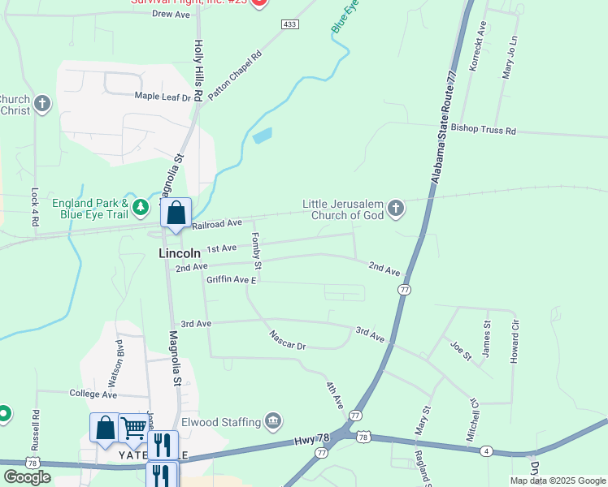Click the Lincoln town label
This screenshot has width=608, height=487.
pos(178,253)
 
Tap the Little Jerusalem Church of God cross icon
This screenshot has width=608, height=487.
pos(396,209)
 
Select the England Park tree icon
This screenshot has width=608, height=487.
pos(141,208)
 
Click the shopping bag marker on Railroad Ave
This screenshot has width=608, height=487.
pos(176,213)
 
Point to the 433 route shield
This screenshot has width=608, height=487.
pos(290,24)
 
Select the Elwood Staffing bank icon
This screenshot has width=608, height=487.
pos(274,421)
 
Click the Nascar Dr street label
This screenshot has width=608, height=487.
pos(288,339)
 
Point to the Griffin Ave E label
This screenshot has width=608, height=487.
pos(232,280)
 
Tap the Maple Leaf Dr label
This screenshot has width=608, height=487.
pos(162,97)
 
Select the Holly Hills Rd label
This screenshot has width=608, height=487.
pos(198,63)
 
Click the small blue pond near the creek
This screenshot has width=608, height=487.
pos(262,136)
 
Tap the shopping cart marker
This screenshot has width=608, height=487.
pos(133,429)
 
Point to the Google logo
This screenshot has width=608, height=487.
pos(27,477)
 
